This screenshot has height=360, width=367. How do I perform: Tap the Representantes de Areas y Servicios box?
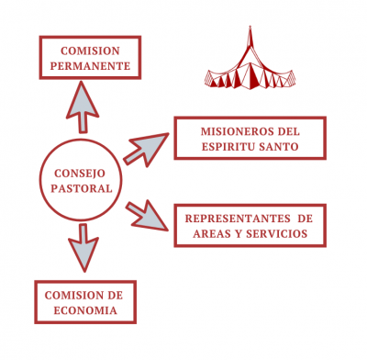pyautogui.click(x=250, y=225)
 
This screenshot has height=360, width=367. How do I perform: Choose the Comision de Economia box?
pyautogui.click(x=83, y=302)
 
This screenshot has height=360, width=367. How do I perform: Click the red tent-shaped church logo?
pyautogui.click(x=250, y=69)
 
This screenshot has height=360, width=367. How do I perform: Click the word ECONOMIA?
pyautogui.click(x=83, y=310)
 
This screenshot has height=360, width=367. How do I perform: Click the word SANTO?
pyautogui.click(x=280, y=146)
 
